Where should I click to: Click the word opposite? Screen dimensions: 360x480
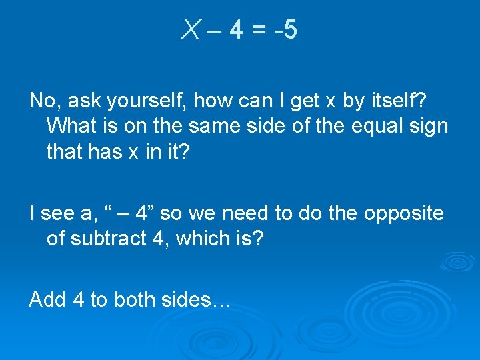coord(404,213)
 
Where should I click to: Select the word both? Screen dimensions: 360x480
coord(135,299)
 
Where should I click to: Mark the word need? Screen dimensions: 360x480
coord(243,213)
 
